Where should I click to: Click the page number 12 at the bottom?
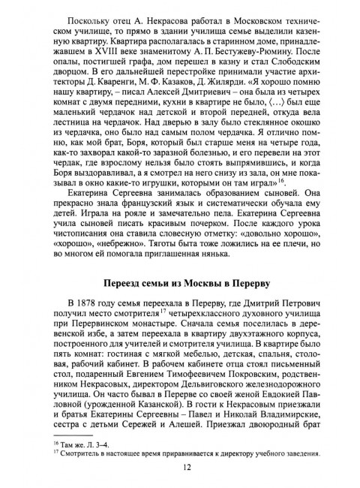pyautogui.click(x=180, y=466)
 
